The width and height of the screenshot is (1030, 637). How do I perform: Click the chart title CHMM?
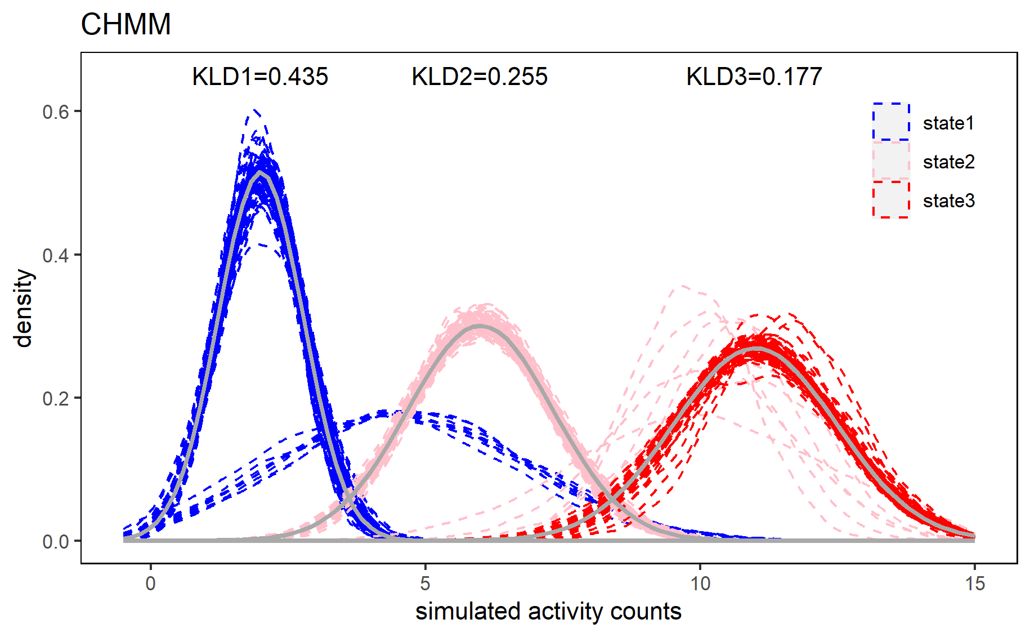coord(126,25)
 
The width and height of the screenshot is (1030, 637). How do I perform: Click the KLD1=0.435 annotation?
coord(259,77)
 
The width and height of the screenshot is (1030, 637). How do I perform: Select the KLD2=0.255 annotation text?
coord(480,77)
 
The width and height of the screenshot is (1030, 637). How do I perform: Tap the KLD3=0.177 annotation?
coord(754,77)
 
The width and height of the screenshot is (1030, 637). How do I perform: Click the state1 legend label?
coord(948,123)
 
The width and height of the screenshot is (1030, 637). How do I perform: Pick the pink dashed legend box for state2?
coord(891,161)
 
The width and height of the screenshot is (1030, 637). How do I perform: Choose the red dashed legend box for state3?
coord(891,200)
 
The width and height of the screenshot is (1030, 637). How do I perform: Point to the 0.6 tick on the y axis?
coord(55,112)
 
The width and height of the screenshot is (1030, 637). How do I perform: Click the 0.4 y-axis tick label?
coord(55,255)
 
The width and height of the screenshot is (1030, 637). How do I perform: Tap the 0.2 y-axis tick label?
coord(55,398)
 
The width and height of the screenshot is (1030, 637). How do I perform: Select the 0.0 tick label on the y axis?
coord(55,541)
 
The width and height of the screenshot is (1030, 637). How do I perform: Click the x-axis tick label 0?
coord(150,583)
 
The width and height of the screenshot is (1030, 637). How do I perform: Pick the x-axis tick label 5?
coord(425,583)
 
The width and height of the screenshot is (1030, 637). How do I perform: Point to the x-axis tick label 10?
coord(700,583)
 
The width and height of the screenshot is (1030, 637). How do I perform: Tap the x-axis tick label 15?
coord(975,583)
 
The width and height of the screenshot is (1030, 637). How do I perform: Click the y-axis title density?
coord(24,308)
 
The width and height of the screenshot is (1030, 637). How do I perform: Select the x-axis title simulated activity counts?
coord(548,612)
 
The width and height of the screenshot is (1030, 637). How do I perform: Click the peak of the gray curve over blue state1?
coord(259,173)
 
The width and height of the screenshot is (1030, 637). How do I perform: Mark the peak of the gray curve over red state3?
coord(754,349)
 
